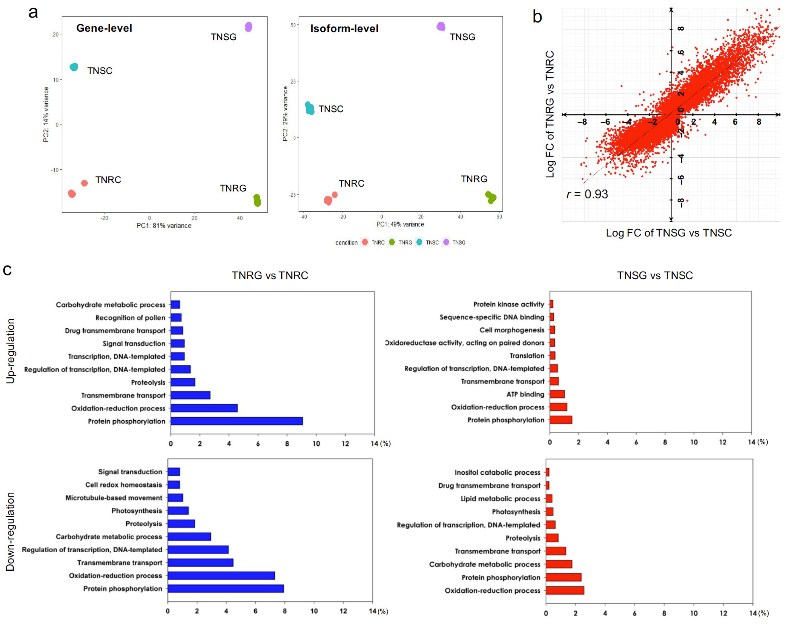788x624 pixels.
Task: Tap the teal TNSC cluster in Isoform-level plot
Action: coord(309,108)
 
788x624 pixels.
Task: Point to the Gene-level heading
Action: coord(104,28)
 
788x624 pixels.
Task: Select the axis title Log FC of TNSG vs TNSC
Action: coord(669,233)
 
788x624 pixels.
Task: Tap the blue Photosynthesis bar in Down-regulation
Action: coord(178,510)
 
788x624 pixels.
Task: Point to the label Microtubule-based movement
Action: coord(114,498)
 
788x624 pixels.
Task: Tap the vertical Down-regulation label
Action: coord(10,532)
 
